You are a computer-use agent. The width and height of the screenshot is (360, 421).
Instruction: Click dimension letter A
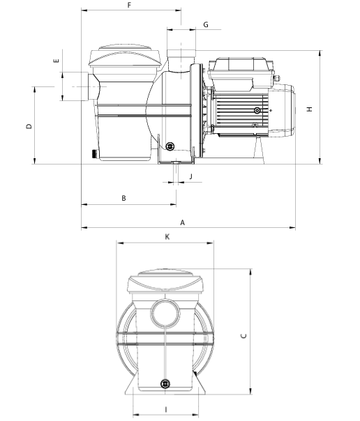[x=182, y=222]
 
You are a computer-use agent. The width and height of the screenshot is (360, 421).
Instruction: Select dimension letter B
[x=123, y=198]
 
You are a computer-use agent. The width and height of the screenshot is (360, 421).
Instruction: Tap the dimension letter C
[x=243, y=336]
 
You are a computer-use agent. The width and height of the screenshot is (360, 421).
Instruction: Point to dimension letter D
[x=29, y=126]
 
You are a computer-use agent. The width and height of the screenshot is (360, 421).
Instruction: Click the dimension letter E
[x=56, y=61]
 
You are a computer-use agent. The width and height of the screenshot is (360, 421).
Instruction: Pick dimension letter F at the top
[x=129, y=5]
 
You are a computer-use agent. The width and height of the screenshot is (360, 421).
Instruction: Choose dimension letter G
[x=206, y=24]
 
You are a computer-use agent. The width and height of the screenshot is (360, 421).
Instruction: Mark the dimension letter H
[x=310, y=109]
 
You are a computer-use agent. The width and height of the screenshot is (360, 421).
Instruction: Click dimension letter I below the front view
[x=166, y=409]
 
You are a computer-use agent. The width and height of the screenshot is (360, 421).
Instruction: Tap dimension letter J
[x=191, y=176]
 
